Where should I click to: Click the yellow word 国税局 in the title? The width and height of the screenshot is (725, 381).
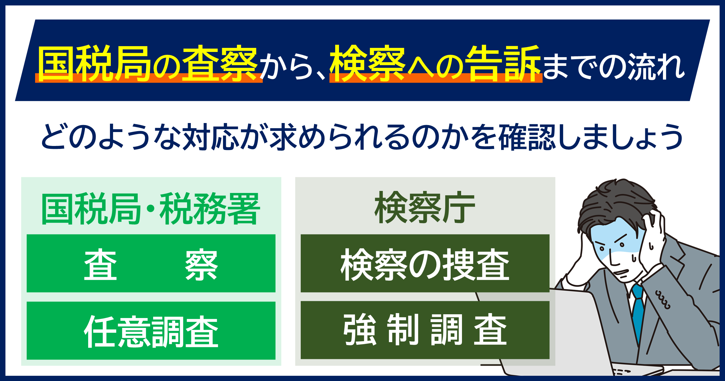tap(94, 63)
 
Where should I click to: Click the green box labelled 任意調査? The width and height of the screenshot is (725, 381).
tap(151, 331)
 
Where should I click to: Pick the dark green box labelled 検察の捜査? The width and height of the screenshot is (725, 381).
tap(425, 263)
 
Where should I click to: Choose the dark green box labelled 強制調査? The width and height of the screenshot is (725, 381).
tap(425, 330)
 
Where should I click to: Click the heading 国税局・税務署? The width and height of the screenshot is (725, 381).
tap(151, 209)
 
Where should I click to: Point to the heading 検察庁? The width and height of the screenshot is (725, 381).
tap(425, 207)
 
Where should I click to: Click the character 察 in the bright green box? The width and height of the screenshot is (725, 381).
tap(201, 264)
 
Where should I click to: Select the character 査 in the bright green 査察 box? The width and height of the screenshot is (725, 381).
tap(100, 264)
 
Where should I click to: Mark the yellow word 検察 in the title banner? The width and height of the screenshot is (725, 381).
tap(367, 63)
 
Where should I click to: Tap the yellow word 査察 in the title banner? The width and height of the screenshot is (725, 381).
tap(220, 63)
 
